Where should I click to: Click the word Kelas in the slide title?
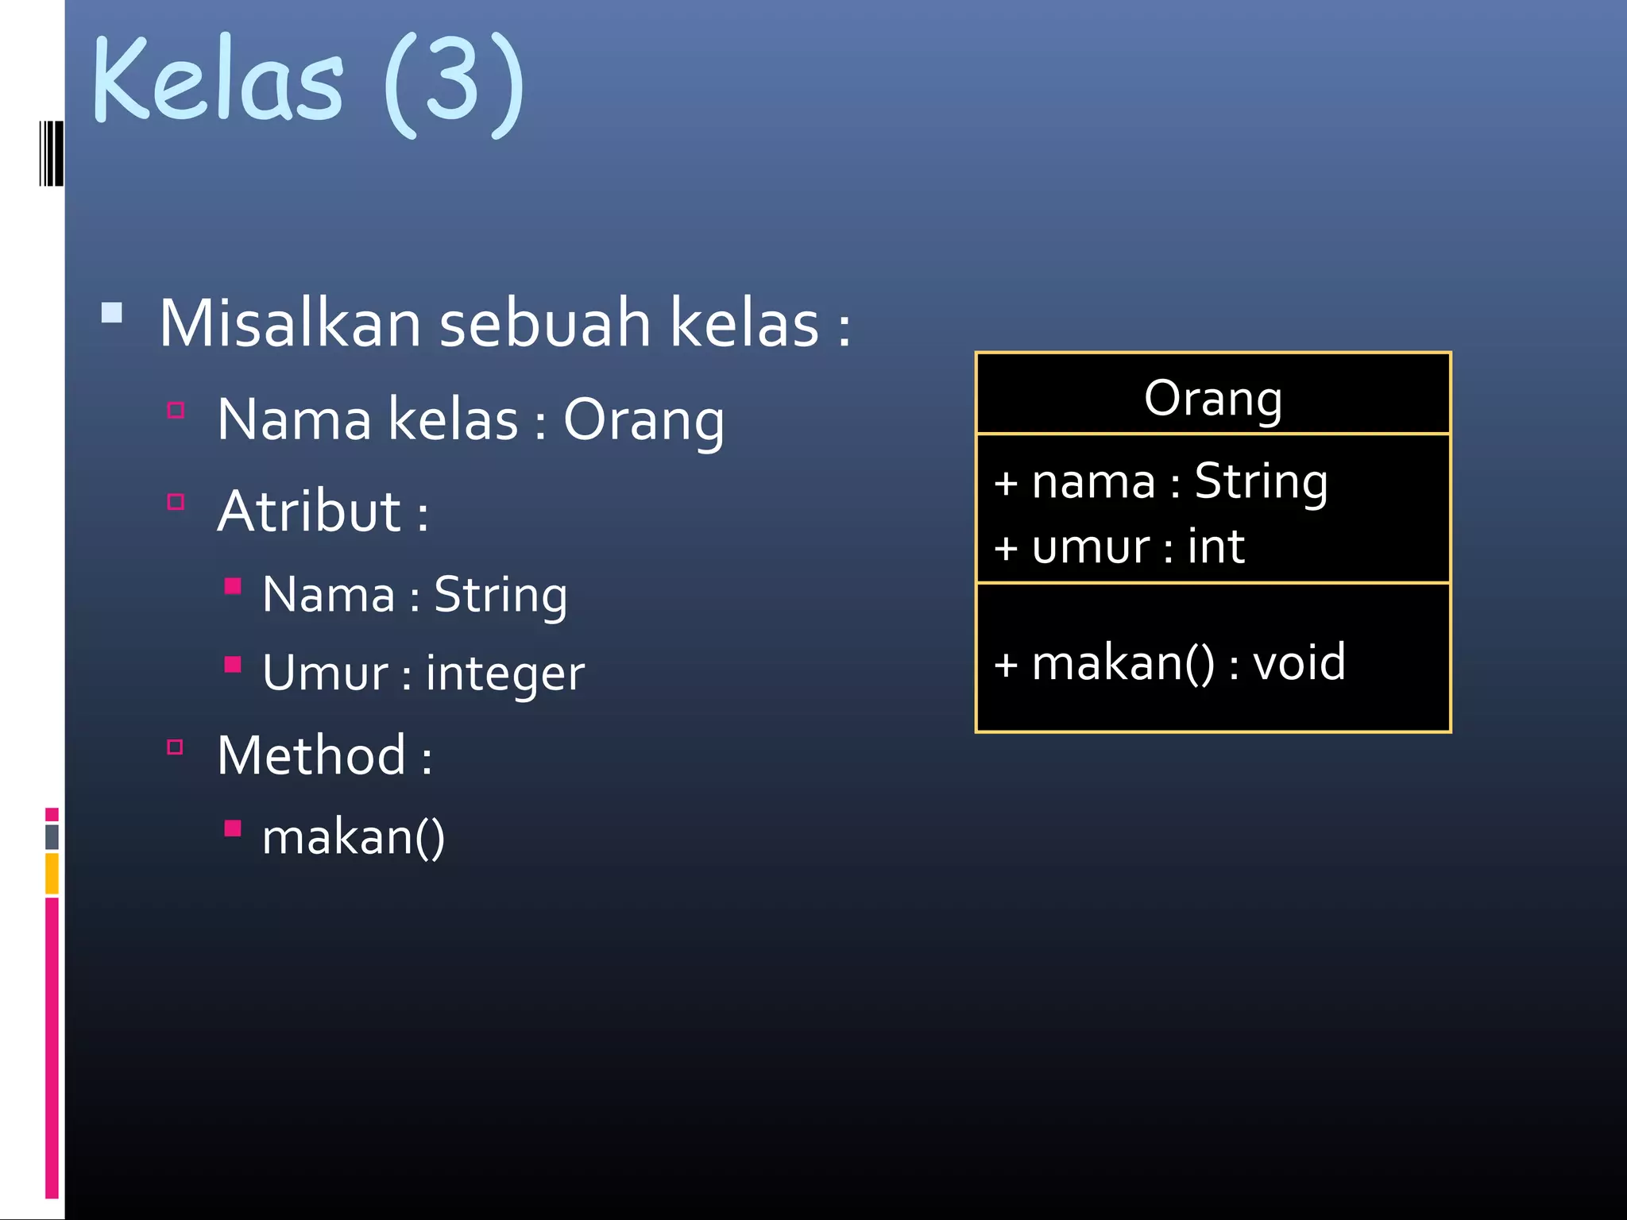point(218,79)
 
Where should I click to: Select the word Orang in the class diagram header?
point(1213,399)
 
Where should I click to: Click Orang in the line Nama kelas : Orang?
point(643,421)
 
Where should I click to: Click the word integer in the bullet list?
point(505,674)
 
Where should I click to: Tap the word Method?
point(311,755)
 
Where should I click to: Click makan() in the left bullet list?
point(354,837)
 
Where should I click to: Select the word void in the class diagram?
point(1299,662)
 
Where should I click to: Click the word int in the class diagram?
point(1215,546)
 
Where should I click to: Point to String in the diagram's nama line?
point(1261,481)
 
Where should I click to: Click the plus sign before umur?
point(1006,548)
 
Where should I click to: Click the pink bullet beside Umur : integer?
point(233,665)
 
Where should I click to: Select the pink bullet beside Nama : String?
point(233,587)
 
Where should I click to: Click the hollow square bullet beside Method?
point(176,747)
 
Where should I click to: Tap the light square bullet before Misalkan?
point(112,312)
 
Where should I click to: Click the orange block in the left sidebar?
point(52,873)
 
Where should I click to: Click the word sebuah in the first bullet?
point(545,324)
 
